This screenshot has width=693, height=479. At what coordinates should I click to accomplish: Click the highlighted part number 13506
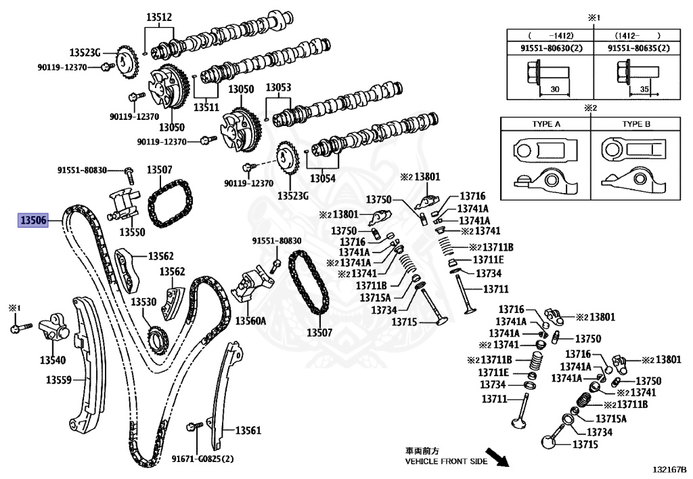click(x=33, y=220)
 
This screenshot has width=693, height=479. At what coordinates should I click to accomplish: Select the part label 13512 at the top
click(x=158, y=18)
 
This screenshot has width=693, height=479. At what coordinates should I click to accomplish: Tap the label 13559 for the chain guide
click(x=59, y=380)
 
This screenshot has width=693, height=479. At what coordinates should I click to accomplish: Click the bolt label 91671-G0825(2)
click(x=202, y=459)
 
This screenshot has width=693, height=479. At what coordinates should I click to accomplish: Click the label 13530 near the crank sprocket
click(x=143, y=301)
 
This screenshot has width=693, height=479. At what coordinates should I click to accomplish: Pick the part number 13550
click(x=132, y=232)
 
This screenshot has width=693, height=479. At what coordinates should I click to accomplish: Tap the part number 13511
click(x=206, y=106)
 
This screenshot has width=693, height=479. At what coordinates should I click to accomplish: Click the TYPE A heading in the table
click(x=545, y=125)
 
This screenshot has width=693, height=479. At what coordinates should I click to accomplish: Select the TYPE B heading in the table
click(x=636, y=125)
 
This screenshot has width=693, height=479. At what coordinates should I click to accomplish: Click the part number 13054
click(x=323, y=179)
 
